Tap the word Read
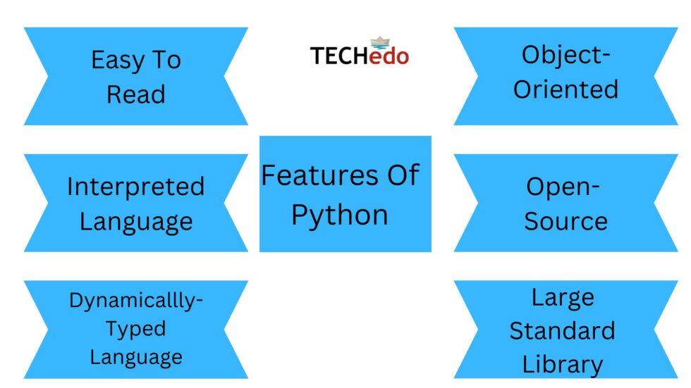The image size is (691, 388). click(x=136, y=94)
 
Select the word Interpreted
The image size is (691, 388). click(x=135, y=187)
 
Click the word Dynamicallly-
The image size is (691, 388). click(x=136, y=301)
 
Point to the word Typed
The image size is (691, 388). click(x=136, y=329)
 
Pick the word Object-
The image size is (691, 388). click(x=565, y=55)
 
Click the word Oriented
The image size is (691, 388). click(x=565, y=89)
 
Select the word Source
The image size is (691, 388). click(x=565, y=221)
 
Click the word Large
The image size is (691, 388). click(x=563, y=297)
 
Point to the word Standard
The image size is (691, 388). click(x=563, y=330)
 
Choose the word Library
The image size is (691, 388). click(x=563, y=365)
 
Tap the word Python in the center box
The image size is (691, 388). click(x=340, y=215)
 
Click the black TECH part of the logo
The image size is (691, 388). click(x=338, y=56)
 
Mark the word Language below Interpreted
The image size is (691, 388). click(x=136, y=221)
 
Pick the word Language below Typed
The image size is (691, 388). click(x=136, y=357)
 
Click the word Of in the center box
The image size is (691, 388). click(x=401, y=175)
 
